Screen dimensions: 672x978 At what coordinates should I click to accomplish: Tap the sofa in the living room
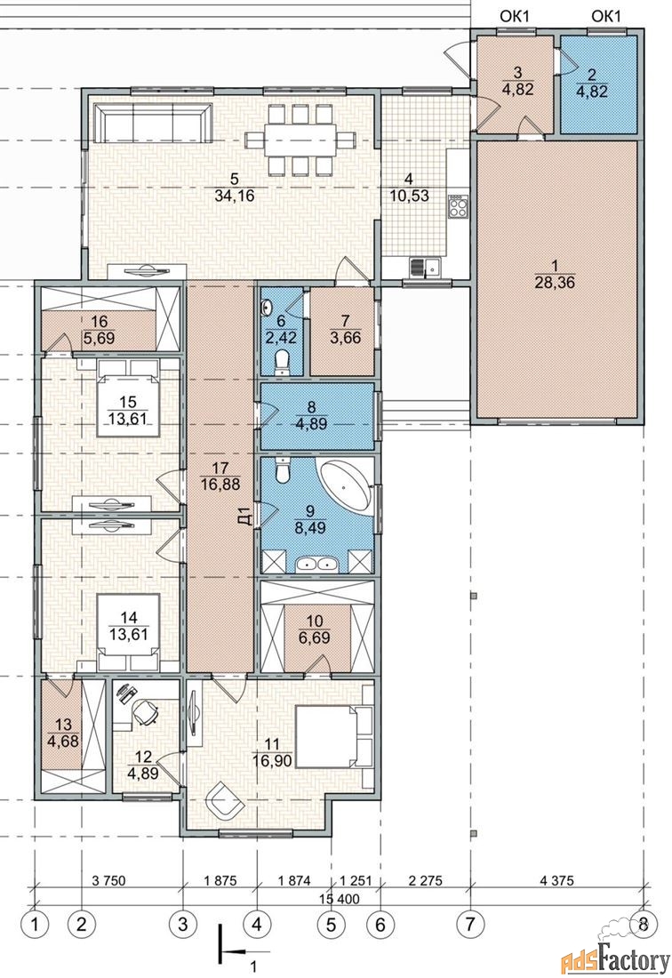[x=154, y=123]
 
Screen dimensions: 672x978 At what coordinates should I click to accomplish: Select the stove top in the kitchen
[x=458, y=205]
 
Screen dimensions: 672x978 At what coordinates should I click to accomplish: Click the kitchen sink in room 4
[x=426, y=267]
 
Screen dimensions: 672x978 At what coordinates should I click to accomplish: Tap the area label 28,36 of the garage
[x=554, y=283]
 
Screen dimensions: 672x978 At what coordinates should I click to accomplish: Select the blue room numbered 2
[x=597, y=85]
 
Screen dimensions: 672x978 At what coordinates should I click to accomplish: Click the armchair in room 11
[x=224, y=801]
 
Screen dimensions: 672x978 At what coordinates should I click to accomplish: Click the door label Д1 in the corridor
[x=245, y=517]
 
